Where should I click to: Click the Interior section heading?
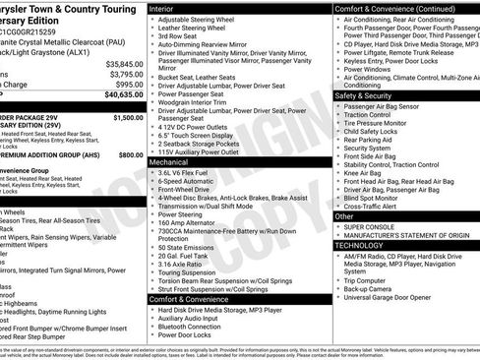(x=164, y=8)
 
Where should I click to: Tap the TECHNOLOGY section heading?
(x=365, y=245)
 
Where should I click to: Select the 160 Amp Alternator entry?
(x=193, y=222)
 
